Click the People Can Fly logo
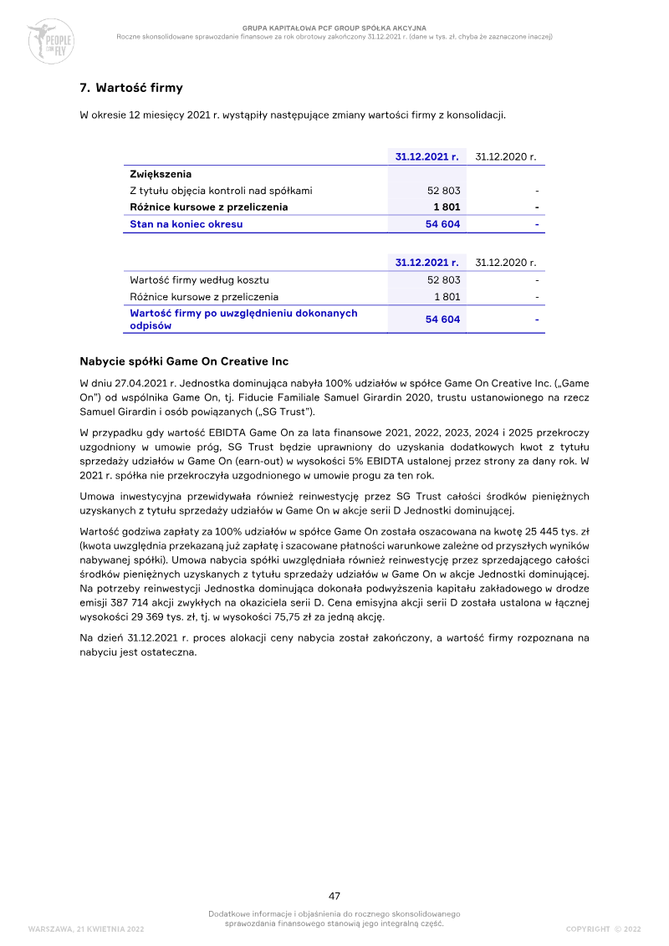coord(50,40)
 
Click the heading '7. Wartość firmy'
coord(131,88)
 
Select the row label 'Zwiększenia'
coord(161,174)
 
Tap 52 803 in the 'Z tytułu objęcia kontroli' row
coord(443,191)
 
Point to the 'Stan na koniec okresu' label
coord(186,224)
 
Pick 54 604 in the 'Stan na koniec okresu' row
coord(442,224)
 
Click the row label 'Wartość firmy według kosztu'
coord(199,280)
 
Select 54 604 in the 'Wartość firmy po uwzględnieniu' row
coord(442,320)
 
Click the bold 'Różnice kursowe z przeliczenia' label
coord(209,207)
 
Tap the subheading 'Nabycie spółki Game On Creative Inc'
coord(184,361)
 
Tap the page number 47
coord(334,896)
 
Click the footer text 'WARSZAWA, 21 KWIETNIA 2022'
coord(86,929)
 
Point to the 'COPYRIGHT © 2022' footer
coord(603,929)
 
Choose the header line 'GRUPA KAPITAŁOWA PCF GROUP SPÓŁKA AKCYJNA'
coord(334,28)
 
